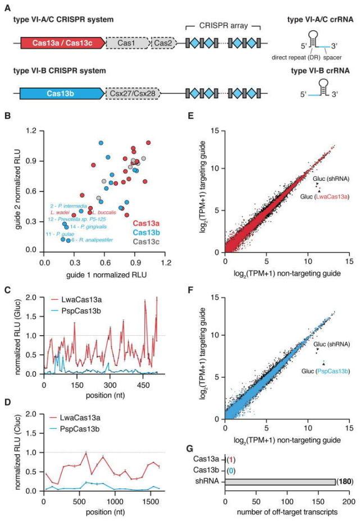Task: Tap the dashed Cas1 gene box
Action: pos(128,42)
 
